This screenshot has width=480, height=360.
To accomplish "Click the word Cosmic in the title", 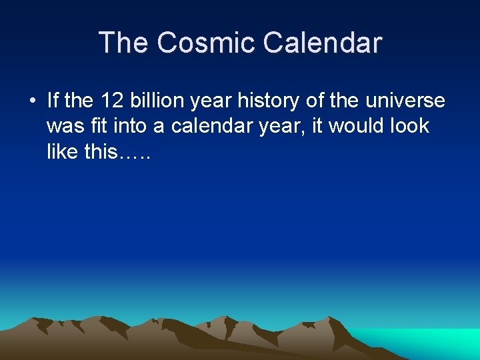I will (x=207, y=43).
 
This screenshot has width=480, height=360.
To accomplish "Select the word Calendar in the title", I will (x=322, y=43).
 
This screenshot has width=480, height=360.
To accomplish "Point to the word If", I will (x=53, y=101).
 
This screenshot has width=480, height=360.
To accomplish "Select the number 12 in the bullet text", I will (x=111, y=101).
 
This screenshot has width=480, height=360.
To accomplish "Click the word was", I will (x=65, y=126).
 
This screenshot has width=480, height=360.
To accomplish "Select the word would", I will (x=359, y=126).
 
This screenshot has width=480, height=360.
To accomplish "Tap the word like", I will (x=63, y=151).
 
